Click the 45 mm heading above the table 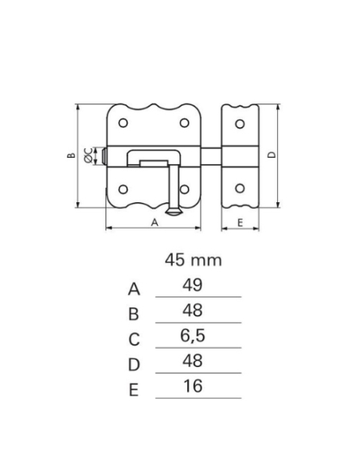coord(193,260)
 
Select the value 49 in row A coord(192,285)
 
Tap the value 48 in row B coord(192,311)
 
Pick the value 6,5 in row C coord(192,336)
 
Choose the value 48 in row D coord(192,361)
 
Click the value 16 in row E coord(192,387)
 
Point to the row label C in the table coord(134,340)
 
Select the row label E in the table coord(134,390)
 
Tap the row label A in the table coord(134,289)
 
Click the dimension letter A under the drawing coord(154,224)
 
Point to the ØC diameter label coord(88,156)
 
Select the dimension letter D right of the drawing coord(271,155)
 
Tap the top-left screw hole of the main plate coord(123,123)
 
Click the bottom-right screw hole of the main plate coord(184,190)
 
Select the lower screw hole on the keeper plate coord(241,190)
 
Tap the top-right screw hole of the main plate coord(184,123)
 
